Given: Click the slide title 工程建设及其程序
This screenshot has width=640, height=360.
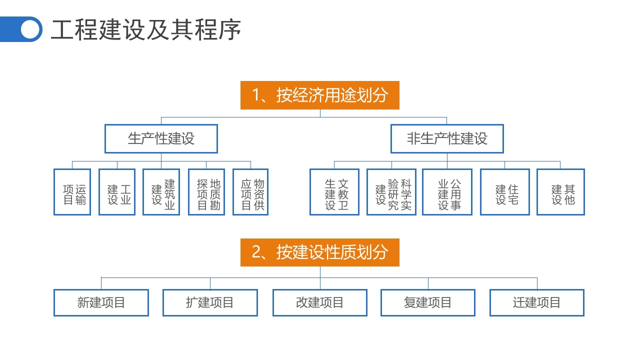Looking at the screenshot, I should pyautogui.click(x=146, y=30).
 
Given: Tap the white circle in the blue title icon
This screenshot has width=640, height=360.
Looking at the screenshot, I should pyautogui.click(x=30, y=29).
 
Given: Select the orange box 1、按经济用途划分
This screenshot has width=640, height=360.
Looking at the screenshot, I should pyautogui.click(x=320, y=95).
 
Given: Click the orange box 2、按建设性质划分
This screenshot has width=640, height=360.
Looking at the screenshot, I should pyautogui.click(x=320, y=252).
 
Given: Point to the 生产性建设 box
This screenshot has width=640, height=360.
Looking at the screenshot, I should pyautogui.click(x=161, y=138).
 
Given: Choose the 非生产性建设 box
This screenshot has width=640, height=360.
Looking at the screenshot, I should pyautogui.click(x=447, y=138).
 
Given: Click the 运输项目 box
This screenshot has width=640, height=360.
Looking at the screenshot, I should pyautogui.click(x=72, y=192).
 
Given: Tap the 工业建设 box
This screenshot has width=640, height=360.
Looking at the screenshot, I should pyautogui.click(x=117, y=192).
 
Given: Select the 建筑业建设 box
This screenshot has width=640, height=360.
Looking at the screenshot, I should pyautogui.click(x=161, y=192).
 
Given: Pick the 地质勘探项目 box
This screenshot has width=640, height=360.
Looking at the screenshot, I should pyautogui.click(x=206, y=192).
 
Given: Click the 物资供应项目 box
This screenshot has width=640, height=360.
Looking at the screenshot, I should pyautogui.click(x=250, y=192).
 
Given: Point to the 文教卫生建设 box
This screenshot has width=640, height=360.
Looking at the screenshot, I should pyautogui.click(x=334, y=192).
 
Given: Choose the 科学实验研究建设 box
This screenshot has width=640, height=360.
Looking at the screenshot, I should pyautogui.click(x=391, y=192).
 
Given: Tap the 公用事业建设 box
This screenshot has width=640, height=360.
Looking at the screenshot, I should pyautogui.click(x=447, y=192).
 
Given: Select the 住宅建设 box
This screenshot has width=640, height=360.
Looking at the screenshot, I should pyautogui.click(x=505, y=192).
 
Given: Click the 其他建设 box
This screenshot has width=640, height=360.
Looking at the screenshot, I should pyautogui.click(x=560, y=192).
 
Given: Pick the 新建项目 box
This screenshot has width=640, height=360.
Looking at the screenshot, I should pyautogui.click(x=101, y=302).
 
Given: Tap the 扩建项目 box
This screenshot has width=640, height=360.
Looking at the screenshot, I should pyautogui.click(x=210, y=302).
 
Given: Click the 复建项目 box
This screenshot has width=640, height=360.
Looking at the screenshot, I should pyautogui.click(x=428, y=302).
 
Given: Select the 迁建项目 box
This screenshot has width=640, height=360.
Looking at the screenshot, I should pyautogui.click(x=537, y=302).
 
